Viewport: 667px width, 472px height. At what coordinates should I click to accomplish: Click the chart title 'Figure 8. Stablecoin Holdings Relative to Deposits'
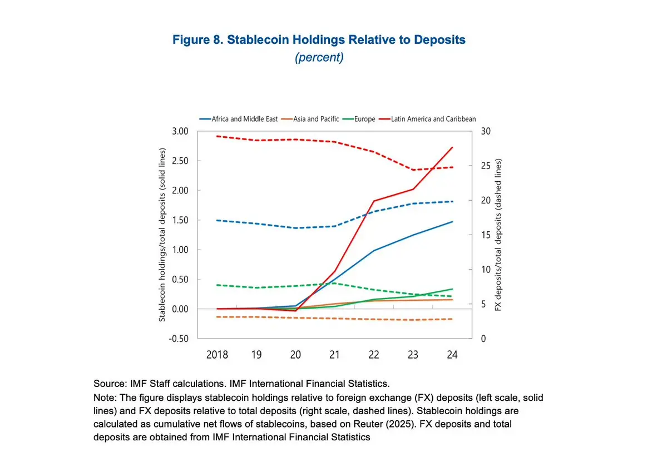coord(319,40)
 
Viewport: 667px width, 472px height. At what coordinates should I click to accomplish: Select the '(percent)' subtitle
coord(319,58)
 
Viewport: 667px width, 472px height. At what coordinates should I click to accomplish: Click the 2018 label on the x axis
coord(217,355)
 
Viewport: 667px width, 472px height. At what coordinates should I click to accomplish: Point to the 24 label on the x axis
coord(452,355)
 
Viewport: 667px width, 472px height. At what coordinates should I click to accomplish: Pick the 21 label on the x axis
coord(334,355)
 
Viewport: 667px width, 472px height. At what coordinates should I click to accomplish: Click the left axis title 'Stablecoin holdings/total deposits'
coord(162,235)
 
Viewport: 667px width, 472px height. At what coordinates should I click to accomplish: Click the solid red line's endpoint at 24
coord(452,147)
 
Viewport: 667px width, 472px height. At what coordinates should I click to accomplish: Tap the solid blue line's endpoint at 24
coord(452,222)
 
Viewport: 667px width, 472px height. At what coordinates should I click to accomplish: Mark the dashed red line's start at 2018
coord(217,136)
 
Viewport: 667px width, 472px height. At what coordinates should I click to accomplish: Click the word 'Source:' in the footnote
coord(107,384)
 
